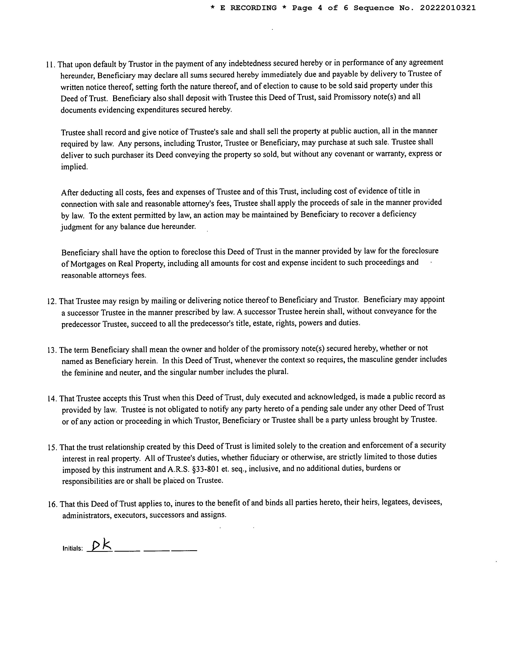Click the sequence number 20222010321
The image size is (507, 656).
tap(448, 8)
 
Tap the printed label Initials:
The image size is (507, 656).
tap(72, 548)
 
